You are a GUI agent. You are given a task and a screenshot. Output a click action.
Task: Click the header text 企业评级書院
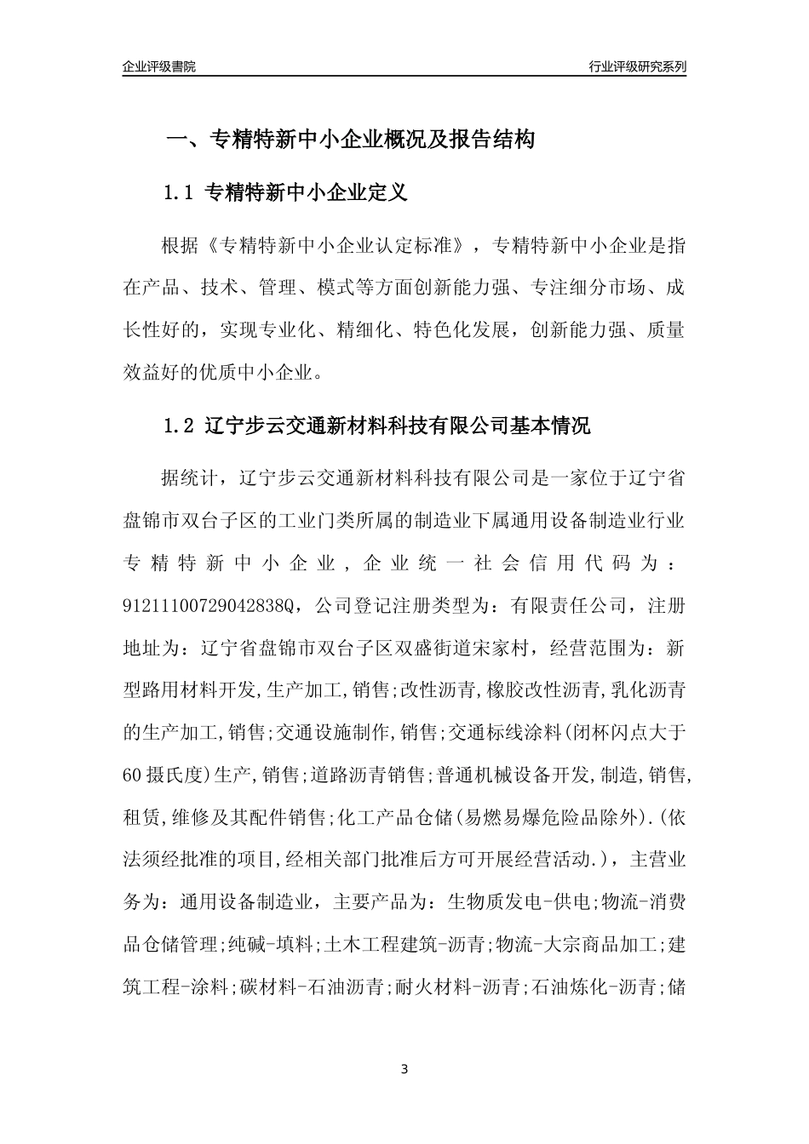point(159,66)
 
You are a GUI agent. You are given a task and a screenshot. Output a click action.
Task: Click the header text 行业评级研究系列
point(637,66)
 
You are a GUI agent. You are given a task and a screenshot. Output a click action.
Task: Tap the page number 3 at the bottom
point(404,1069)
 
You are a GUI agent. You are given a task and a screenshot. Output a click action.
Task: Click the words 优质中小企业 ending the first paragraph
point(264,372)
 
